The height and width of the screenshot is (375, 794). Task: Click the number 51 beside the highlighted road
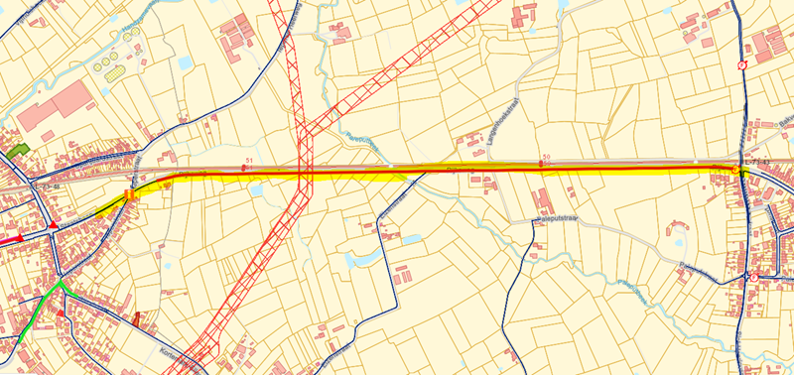[x=248, y=161]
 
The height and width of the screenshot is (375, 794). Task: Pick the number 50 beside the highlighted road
[x=546, y=158]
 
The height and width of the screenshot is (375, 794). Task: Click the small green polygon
[x=17, y=152]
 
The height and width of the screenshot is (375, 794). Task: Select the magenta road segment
[x=12, y=239]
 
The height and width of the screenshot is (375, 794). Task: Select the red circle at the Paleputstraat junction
[x=754, y=277]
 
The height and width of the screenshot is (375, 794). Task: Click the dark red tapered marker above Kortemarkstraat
[x=137, y=318]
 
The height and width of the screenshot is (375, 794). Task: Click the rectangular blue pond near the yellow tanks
[x=186, y=62]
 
